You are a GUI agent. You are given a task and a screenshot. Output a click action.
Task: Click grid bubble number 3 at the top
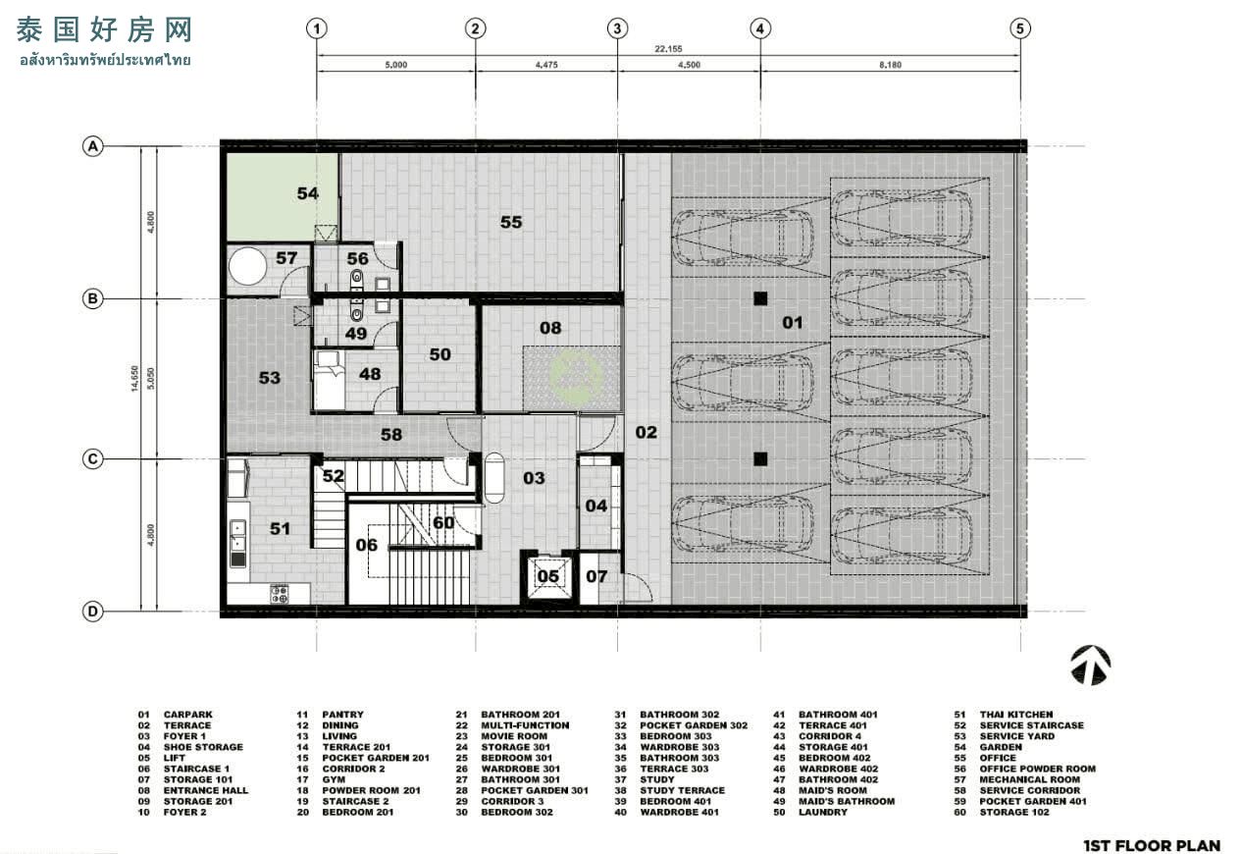tap(617, 28)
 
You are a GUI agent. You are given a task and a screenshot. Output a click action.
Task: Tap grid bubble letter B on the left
tap(92, 299)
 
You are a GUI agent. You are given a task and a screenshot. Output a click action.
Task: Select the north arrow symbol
tap(1090, 666)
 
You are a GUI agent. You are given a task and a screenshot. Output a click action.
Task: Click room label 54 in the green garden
tap(308, 193)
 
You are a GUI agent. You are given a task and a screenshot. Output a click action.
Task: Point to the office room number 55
tap(511, 222)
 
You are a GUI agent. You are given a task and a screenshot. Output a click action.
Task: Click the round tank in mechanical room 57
tap(247, 266)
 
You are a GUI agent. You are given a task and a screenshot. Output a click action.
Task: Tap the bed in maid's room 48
tap(330, 380)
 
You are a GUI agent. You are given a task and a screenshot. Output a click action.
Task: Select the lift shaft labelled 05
tap(547, 577)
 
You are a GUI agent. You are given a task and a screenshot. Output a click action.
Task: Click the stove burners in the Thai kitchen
tap(279, 595)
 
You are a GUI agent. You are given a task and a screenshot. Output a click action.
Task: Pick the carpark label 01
tap(793, 322)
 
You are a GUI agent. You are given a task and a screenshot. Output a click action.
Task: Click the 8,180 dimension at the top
tap(890, 65)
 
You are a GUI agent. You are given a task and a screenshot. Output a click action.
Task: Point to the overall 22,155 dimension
tap(668, 49)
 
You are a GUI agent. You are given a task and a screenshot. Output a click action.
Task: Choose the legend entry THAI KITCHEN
tap(1015, 715)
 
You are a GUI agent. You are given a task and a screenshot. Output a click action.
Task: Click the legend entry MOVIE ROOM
tap(514, 736)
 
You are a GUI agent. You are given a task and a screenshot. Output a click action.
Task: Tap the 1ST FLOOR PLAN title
tap(1152, 845)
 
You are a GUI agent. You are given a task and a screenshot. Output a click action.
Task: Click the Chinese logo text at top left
tap(104, 30)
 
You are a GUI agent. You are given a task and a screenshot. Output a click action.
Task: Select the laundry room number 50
tap(440, 354)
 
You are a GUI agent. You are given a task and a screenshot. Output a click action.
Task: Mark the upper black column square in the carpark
tap(760, 299)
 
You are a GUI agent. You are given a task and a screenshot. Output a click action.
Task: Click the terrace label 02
tap(646, 432)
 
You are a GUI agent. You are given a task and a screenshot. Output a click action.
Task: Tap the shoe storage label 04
tap(596, 506)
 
